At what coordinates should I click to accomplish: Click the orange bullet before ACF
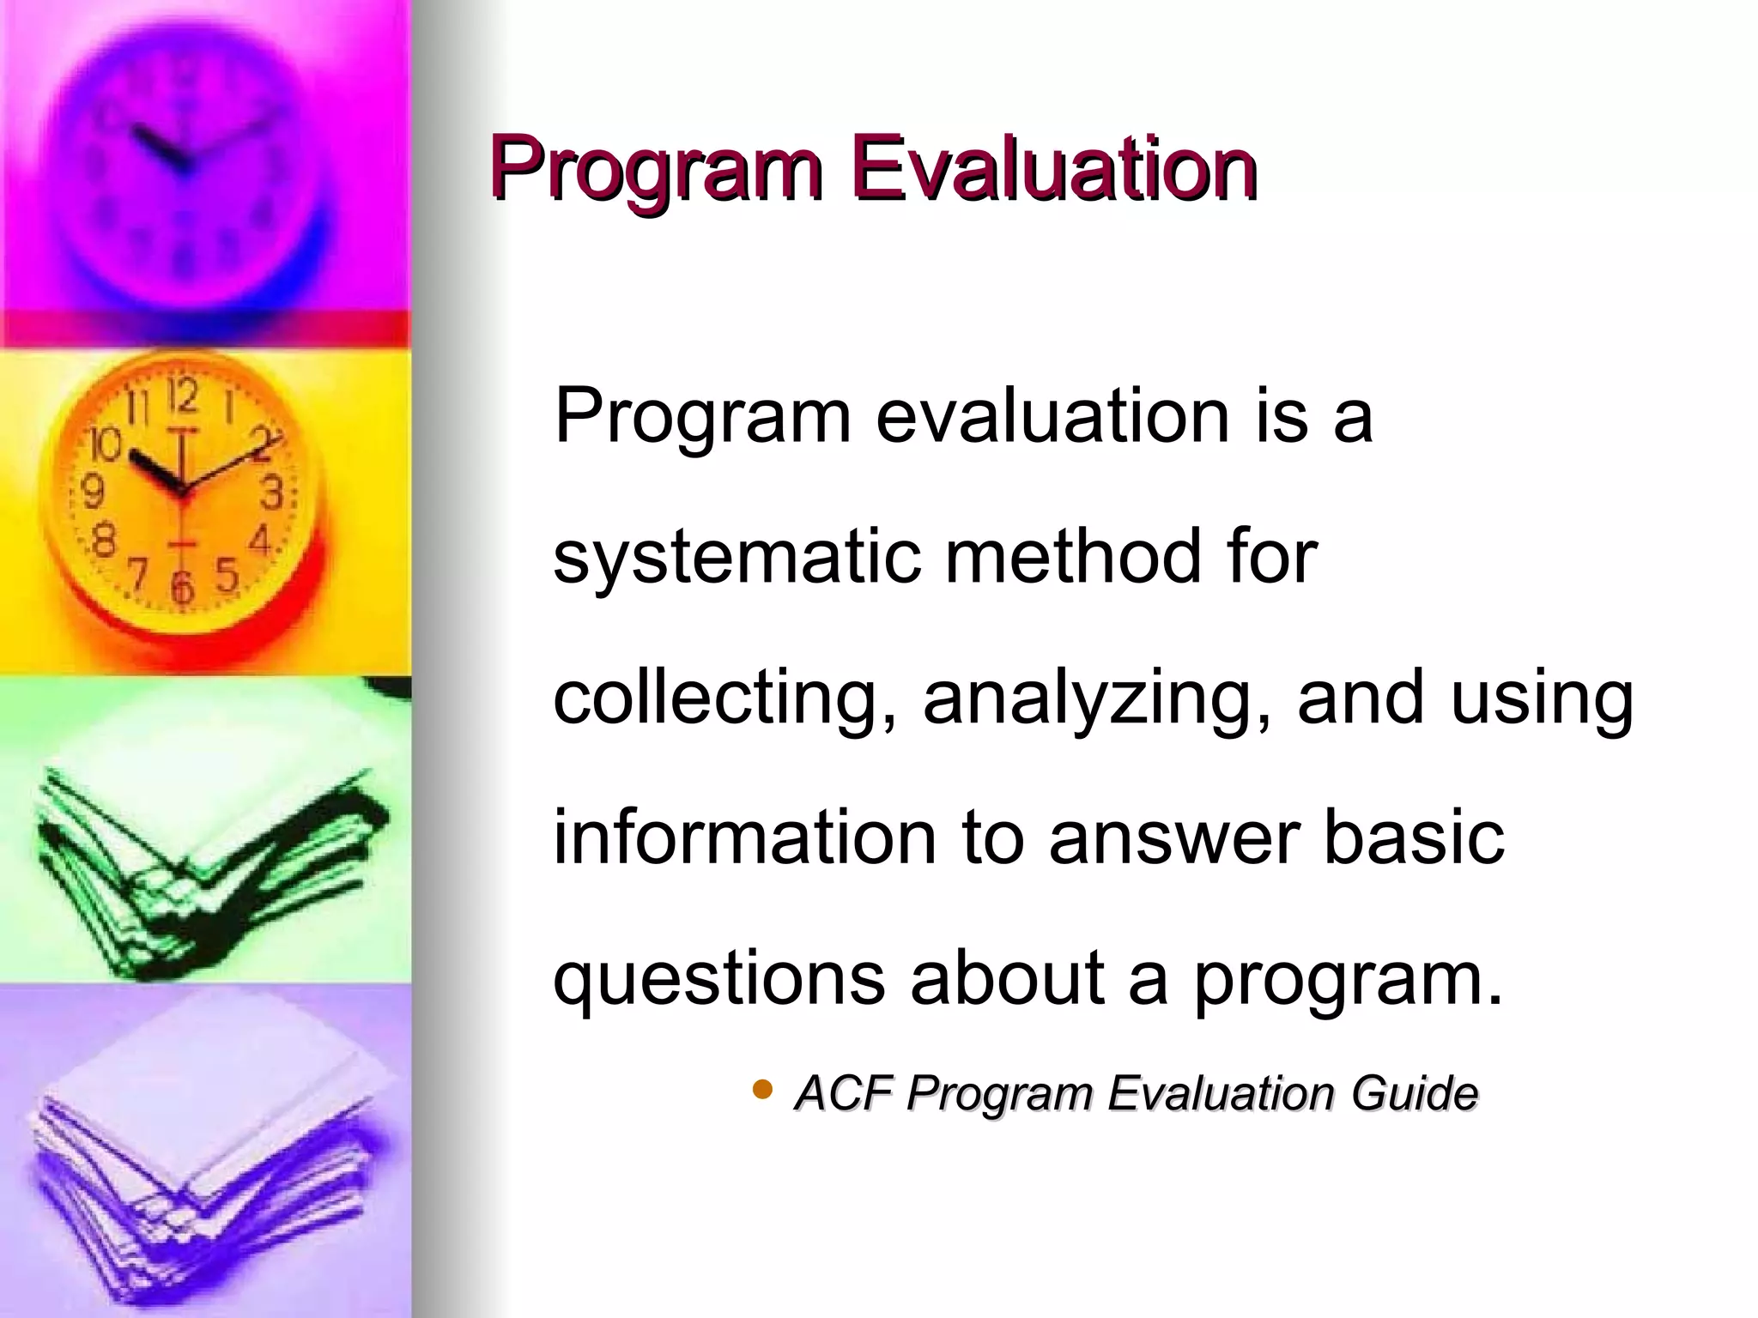point(761,1090)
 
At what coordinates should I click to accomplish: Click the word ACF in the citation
point(845,1093)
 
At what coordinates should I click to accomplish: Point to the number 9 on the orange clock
point(93,492)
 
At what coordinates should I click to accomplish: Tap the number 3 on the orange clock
point(271,493)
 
